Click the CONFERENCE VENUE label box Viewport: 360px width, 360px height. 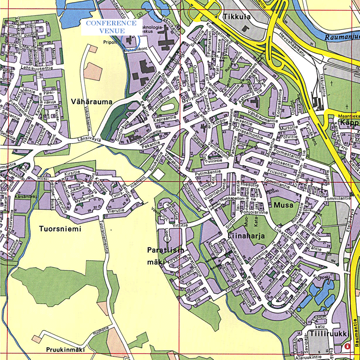[x=112, y=27]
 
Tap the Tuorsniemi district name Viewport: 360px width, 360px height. [x=60, y=229]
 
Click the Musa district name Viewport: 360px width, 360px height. [x=283, y=204]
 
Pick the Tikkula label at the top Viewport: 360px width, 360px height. [x=237, y=17]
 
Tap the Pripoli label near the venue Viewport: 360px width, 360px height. [x=110, y=42]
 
